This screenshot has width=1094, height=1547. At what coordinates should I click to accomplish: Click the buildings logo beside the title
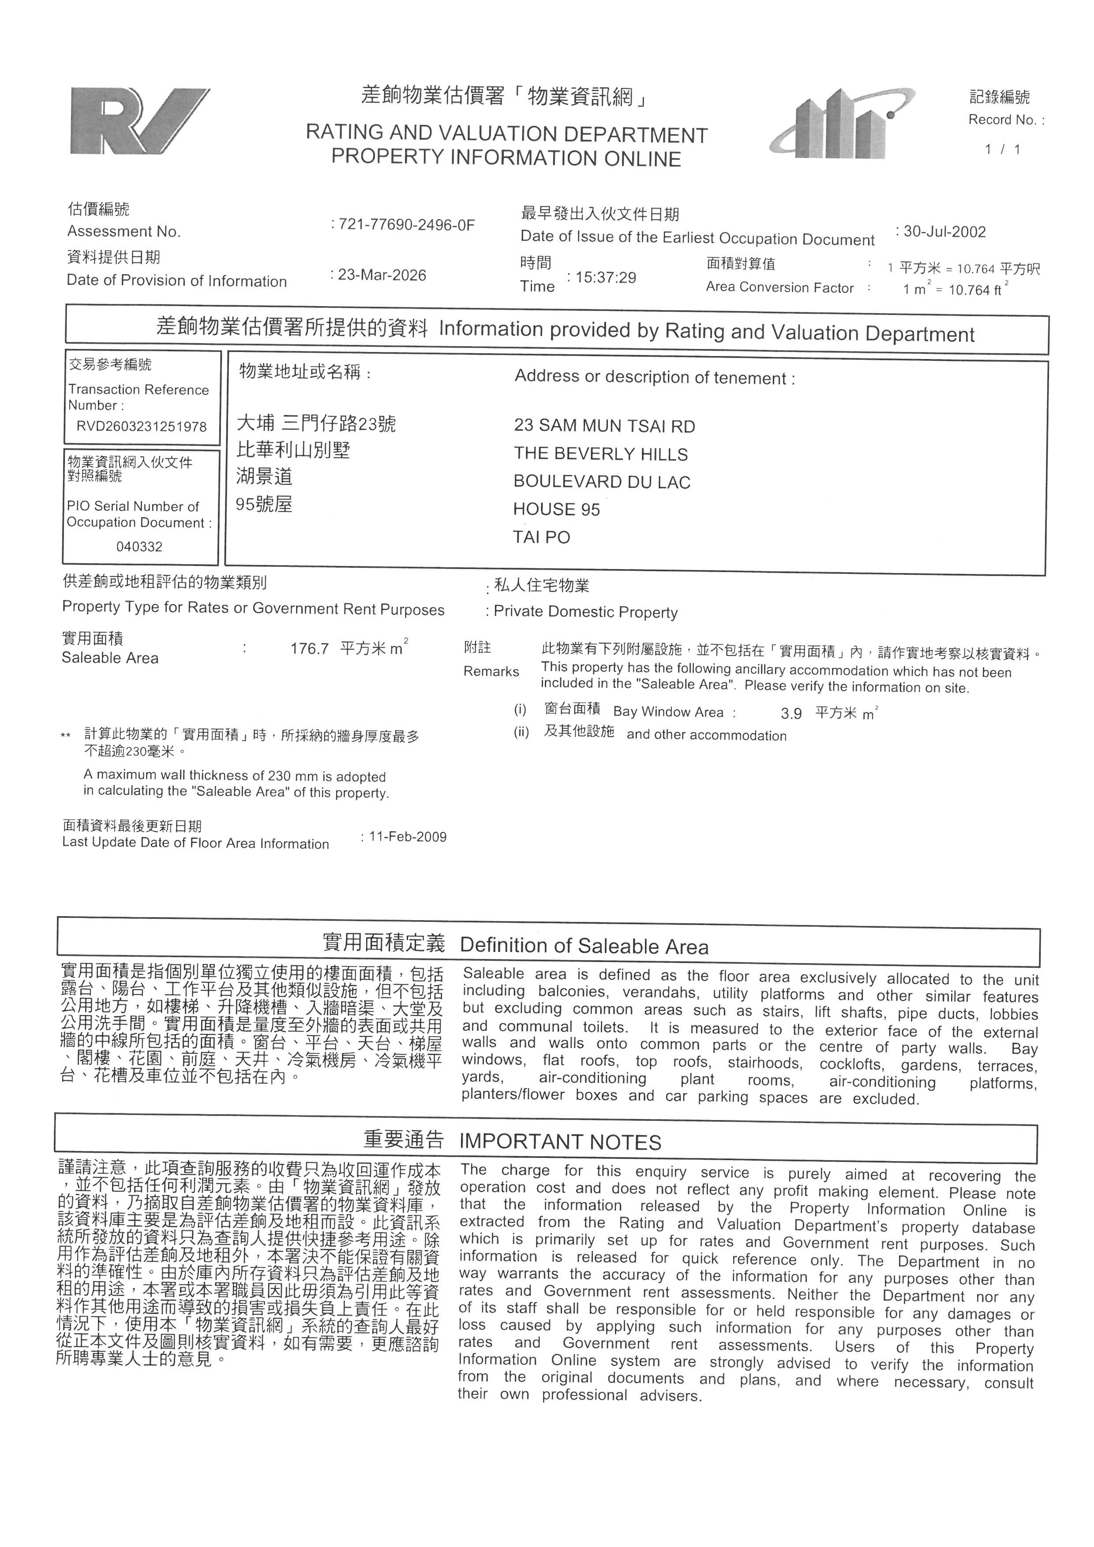pos(842,125)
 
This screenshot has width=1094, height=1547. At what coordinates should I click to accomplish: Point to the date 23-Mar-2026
pos(382,275)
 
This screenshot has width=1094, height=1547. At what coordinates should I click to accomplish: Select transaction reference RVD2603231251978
pos(142,427)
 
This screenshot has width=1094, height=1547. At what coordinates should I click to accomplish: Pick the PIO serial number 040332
pos(139,547)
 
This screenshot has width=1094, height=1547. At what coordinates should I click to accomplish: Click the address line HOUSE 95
pos(556,509)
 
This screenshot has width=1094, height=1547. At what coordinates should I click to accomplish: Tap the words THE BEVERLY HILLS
pos(601,454)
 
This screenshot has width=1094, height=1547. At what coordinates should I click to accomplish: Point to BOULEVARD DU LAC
pos(602,482)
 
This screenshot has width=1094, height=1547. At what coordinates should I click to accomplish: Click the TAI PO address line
pos(542,537)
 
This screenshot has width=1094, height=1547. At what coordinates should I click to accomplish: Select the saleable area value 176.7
pos(310,649)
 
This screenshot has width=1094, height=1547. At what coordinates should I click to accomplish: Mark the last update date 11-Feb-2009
pos(408,837)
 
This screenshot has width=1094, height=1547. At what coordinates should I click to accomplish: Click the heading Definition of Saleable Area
pos(584,947)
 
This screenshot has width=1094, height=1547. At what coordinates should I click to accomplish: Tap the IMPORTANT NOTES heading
pos(560,1142)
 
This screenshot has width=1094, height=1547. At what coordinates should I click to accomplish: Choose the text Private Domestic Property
pos(585,612)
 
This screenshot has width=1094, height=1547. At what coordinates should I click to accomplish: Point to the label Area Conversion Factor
pos(779,288)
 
